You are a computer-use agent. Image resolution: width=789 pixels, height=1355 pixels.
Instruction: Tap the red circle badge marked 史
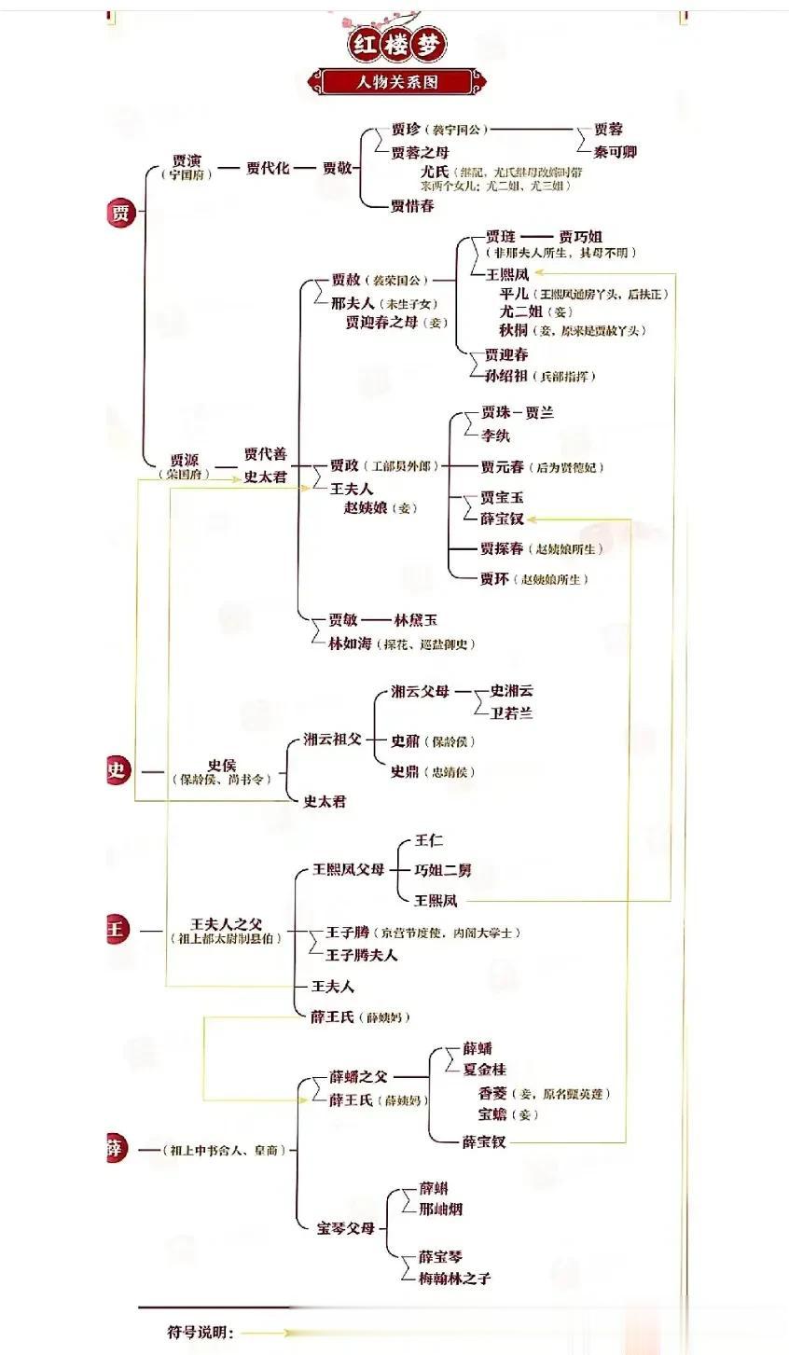click(x=117, y=769)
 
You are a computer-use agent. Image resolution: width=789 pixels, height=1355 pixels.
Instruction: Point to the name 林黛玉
click(x=416, y=619)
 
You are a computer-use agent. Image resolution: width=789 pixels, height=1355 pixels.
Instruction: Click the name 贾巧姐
click(x=580, y=237)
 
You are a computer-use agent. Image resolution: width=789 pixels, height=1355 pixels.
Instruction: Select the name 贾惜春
click(x=412, y=205)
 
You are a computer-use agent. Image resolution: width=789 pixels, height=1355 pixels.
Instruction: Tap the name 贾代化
click(x=268, y=168)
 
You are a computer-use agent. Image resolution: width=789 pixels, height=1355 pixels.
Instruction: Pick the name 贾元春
click(x=502, y=466)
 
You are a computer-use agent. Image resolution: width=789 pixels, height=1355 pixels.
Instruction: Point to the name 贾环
click(x=494, y=578)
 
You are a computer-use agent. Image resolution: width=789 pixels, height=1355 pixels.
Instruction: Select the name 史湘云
click(x=512, y=691)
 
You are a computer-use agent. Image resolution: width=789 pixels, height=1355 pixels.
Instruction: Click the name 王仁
click(x=429, y=840)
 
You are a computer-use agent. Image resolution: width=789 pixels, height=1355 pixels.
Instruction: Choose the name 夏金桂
click(x=484, y=1069)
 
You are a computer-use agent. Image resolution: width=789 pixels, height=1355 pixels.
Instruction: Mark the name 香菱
click(x=492, y=1093)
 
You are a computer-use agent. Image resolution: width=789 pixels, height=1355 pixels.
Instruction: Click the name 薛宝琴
click(x=440, y=1256)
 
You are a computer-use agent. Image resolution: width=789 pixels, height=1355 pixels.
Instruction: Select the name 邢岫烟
click(x=440, y=1209)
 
